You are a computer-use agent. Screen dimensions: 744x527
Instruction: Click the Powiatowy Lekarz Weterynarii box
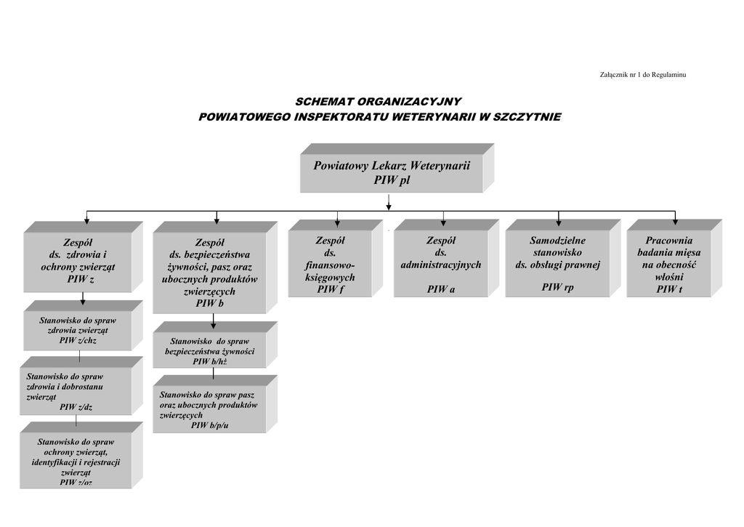(x=397, y=168)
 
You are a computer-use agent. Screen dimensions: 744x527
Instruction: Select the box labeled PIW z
(x=84, y=257)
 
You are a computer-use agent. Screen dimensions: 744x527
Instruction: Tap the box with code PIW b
(x=215, y=267)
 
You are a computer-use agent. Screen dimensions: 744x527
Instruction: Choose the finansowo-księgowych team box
(x=336, y=259)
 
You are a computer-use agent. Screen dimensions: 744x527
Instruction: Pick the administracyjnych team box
(x=447, y=259)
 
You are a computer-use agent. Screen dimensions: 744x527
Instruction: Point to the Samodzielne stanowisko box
(x=563, y=259)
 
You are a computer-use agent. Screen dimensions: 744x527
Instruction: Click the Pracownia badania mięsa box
(x=674, y=259)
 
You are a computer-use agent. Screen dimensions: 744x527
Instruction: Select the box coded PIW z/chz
(x=84, y=326)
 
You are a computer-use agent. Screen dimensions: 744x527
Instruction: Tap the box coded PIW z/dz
(x=81, y=386)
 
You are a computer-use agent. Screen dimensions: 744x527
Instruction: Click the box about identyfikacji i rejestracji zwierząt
(x=81, y=455)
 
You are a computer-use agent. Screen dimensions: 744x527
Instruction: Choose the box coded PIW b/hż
(x=215, y=345)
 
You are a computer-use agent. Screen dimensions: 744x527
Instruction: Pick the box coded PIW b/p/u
(x=215, y=404)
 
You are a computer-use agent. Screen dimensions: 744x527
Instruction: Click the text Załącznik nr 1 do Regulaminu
(x=643, y=75)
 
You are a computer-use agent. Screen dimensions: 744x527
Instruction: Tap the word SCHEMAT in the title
(x=324, y=102)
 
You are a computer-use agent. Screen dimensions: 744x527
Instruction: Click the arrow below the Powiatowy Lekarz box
(x=389, y=202)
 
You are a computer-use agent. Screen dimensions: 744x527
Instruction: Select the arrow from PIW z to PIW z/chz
(x=83, y=299)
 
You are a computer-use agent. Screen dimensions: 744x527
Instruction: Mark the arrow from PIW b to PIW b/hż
(x=214, y=321)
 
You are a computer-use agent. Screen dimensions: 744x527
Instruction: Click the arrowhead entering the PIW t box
(x=675, y=221)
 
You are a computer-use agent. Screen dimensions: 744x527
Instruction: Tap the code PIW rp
(x=557, y=287)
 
